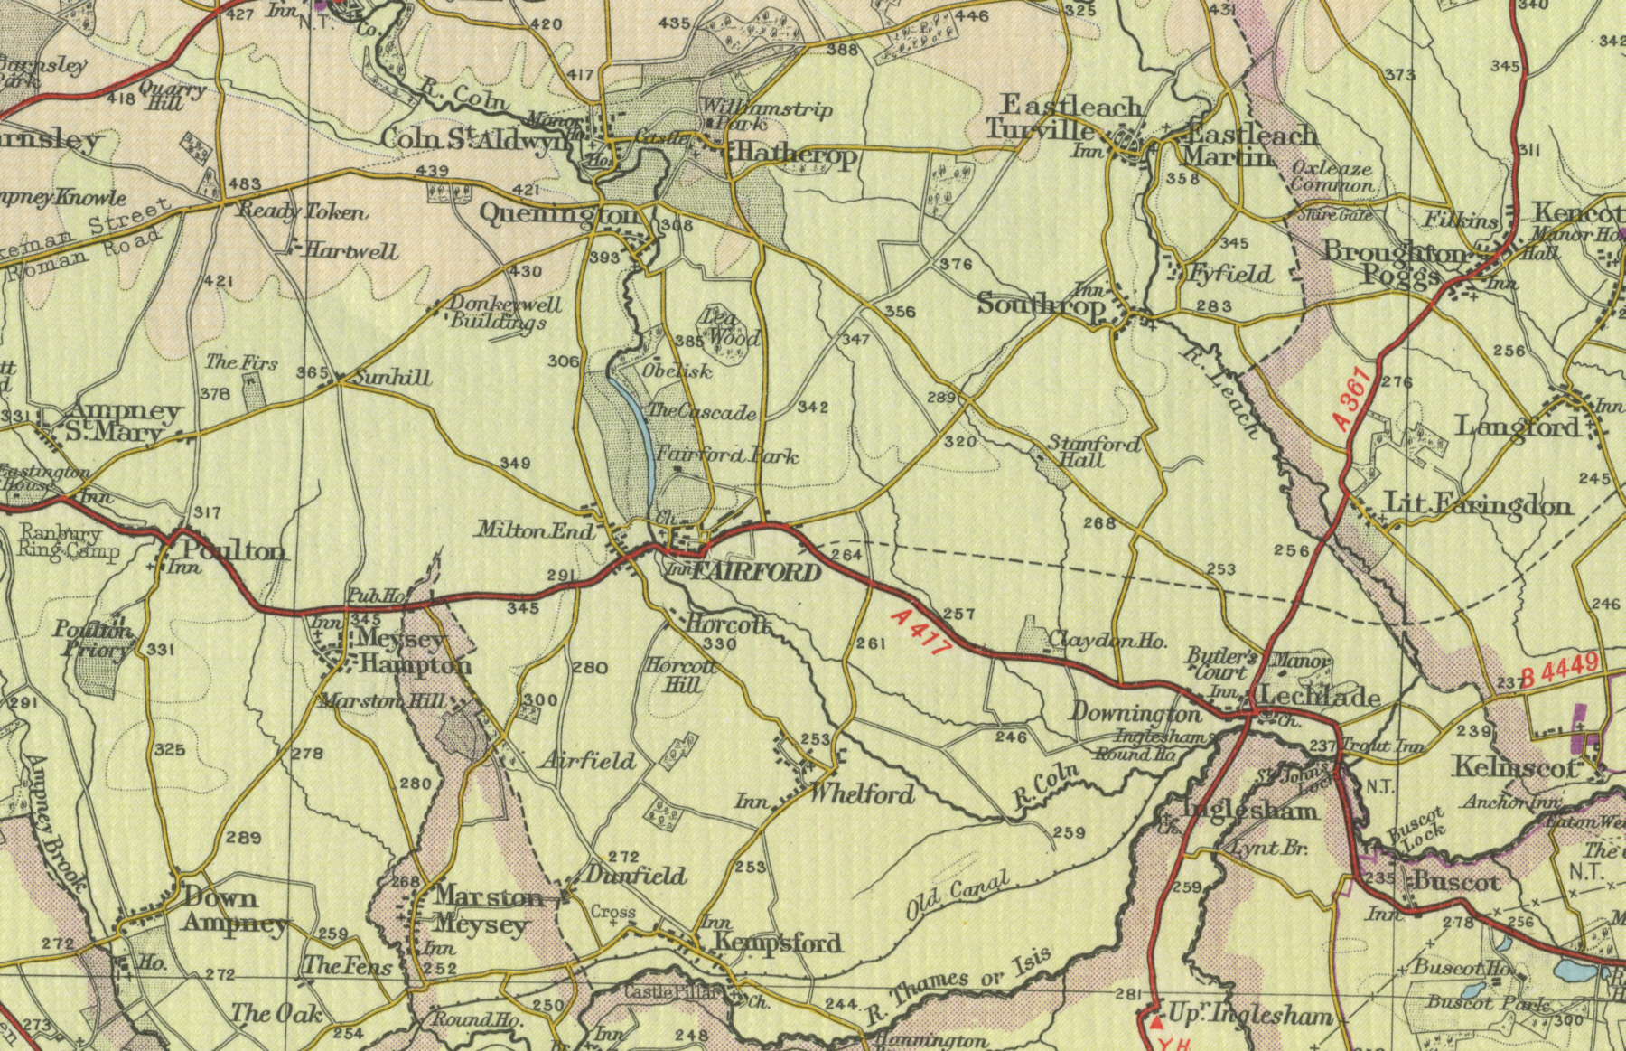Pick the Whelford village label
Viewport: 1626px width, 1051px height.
coord(862,794)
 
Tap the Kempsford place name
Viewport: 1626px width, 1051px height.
coord(778,943)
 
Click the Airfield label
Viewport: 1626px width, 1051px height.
coord(588,761)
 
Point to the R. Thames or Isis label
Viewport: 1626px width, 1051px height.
coord(959,988)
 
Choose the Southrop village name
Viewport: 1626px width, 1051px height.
coord(1041,305)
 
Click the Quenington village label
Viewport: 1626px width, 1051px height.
coord(559,215)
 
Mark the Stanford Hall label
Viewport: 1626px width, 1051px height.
coord(1093,451)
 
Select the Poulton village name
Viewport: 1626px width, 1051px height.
coord(234,550)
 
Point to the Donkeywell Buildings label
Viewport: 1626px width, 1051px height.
coord(506,314)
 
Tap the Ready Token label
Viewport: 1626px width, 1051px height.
coord(302,212)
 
